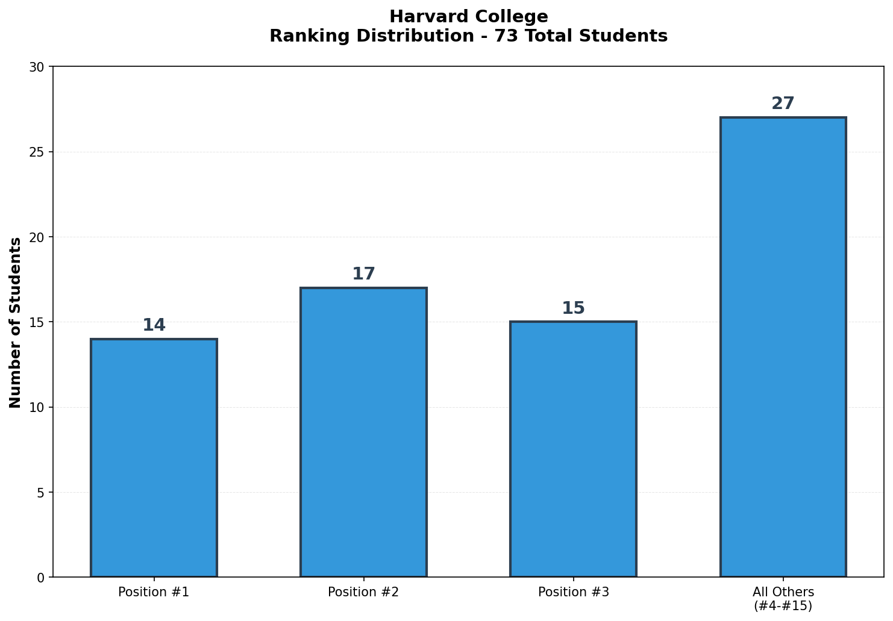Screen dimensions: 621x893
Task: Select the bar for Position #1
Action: [154, 458]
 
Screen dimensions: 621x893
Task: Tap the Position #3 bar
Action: [573, 449]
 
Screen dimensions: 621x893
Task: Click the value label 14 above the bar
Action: [154, 325]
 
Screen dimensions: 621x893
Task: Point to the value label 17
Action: [363, 274]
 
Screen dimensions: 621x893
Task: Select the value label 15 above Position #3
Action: [573, 308]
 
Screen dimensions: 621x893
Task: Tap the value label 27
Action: [783, 104]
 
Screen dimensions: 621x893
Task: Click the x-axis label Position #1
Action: [154, 592]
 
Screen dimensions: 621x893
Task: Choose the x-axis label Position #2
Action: [363, 592]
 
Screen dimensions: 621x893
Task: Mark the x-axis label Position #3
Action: [573, 592]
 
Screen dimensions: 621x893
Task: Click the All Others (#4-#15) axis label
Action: [783, 599]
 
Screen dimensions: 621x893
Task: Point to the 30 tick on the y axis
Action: [37, 67]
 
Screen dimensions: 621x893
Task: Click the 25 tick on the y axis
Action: [37, 152]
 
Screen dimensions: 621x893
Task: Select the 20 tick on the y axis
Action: [37, 237]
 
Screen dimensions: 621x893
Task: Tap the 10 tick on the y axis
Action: [37, 407]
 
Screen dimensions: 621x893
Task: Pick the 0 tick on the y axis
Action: [41, 578]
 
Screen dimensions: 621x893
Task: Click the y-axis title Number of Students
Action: [16, 322]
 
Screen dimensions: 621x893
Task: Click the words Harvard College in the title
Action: [468, 17]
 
